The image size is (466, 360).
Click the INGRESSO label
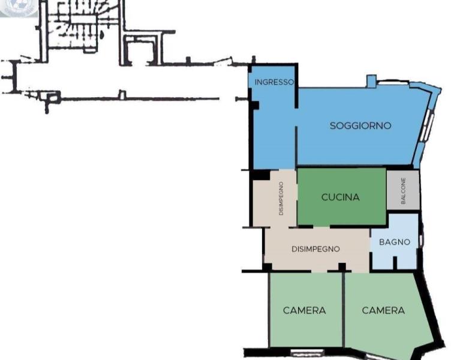click(x=274, y=82)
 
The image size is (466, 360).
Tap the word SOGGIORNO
click(x=360, y=125)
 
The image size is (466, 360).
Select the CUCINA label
click(x=340, y=197)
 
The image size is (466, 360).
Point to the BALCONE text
click(x=403, y=191)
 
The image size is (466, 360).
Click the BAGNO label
click(x=395, y=242)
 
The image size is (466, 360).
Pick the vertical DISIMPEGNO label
click(x=281, y=198)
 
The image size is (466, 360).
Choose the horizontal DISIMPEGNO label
click(x=315, y=249)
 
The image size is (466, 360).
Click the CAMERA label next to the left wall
click(x=304, y=310)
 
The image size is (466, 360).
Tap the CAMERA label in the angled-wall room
click(x=383, y=310)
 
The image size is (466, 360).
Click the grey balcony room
click(x=403, y=190)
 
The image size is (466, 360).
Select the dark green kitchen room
click(x=342, y=196)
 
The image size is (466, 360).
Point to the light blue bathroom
click(x=394, y=241)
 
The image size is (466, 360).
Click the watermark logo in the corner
click(x=19, y=8)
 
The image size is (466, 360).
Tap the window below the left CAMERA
click(x=306, y=352)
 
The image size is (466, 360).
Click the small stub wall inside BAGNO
click(x=395, y=263)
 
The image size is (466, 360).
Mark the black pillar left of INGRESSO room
click(x=255, y=105)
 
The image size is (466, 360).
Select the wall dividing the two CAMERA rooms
click(x=344, y=309)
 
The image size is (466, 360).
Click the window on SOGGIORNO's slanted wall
click(x=427, y=125)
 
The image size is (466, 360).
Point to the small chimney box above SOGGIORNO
click(x=371, y=82)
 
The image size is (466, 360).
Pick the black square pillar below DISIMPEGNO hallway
click(x=342, y=267)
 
